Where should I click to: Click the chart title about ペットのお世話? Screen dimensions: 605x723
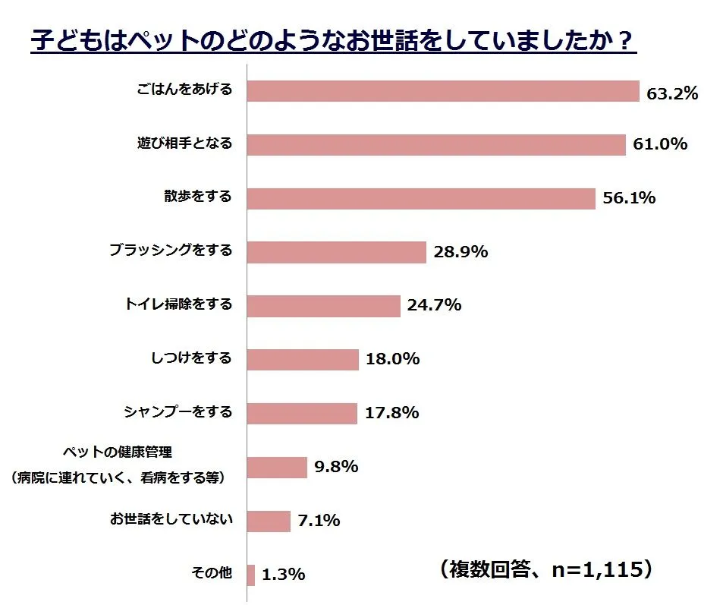pyautogui.click(x=333, y=40)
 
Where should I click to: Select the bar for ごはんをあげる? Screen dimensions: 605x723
pyautogui.click(x=443, y=91)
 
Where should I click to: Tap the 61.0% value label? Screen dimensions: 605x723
pyautogui.click(x=660, y=144)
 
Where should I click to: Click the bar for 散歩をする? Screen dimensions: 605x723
pyautogui.click(x=421, y=198)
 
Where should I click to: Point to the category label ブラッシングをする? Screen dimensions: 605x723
pyautogui.click(x=170, y=250)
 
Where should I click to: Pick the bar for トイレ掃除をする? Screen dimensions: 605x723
pyautogui.click(x=324, y=305)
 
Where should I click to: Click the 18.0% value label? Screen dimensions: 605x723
pyautogui.click(x=392, y=359)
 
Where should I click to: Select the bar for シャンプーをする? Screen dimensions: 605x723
pyautogui.click(x=302, y=413)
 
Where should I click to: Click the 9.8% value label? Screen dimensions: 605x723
pyautogui.click(x=336, y=467)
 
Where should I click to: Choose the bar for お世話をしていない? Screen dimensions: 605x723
pyautogui.click(x=269, y=521)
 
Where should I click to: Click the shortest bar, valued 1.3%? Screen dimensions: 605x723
pyautogui.click(x=251, y=575)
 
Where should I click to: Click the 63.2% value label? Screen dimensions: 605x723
pyautogui.click(x=672, y=94)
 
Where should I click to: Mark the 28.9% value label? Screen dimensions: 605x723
pyautogui.click(x=461, y=252)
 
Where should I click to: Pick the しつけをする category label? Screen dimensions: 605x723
pyautogui.click(x=192, y=358)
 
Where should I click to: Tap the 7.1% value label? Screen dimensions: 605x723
pyautogui.click(x=319, y=521)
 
